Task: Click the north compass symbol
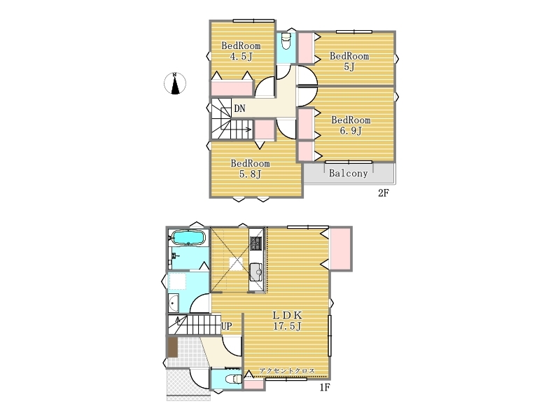(x=174, y=83)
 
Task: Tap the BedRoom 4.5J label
(x=241, y=51)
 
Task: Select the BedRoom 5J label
(x=349, y=61)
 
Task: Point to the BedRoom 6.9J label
(x=351, y=125)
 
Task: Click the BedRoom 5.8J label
(x=250, y=169)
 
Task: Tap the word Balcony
(x=348, y=174)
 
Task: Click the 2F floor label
(x=383, y=193)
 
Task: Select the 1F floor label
(x=324, y=388)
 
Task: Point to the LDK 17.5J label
(x=288, y=321)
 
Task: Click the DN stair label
(x=239, y=108)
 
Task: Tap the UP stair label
(x=226, y=326)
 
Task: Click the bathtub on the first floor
(x=188, y=237)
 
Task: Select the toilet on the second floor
(x=286, y=42)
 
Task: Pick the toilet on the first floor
(x=234, y=379)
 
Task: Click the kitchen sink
(x=256, y=272)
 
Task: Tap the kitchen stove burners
(x=255, y=243)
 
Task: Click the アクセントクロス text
(x=287, y=371)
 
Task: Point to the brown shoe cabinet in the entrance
(x=172, y=347)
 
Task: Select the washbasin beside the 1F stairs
(x=174, y=304)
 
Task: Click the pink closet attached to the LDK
(x=340, y=248)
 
